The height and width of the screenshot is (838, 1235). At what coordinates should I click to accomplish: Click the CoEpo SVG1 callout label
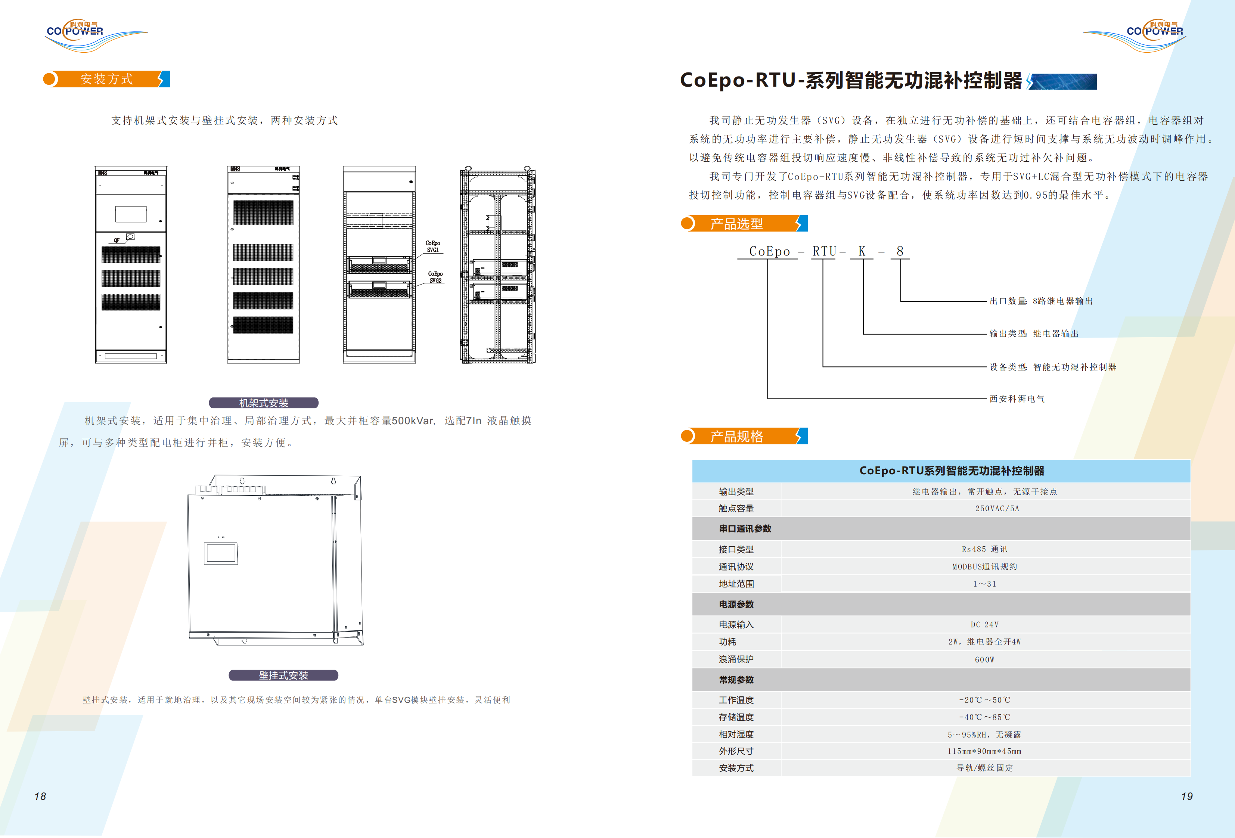click(x=432, y=246)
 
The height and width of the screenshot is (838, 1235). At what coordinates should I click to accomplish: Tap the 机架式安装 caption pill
click(x=264, y=403)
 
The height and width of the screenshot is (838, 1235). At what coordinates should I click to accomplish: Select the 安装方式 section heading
click(x=106, y=79)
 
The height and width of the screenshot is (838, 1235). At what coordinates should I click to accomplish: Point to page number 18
click(x=40, y=796)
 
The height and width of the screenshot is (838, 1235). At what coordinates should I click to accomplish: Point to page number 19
click(x=1187, y=796)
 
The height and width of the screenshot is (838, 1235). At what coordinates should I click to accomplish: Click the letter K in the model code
click(x=862, y=251)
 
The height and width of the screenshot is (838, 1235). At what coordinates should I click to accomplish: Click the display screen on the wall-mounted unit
click(x=221, y=553)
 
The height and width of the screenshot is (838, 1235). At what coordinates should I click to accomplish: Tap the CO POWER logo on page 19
click(x=1154, y=33)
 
